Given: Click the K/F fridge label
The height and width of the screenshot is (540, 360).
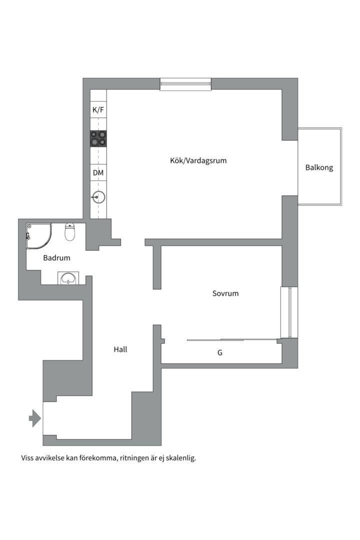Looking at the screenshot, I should [98, 109].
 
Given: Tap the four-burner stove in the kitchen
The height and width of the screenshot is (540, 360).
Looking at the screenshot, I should [98, 138].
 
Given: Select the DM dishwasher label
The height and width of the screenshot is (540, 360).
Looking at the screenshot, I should [98, 173].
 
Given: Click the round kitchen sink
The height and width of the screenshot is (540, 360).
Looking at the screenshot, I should [98, 197].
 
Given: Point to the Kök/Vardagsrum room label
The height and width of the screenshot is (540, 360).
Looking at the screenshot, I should [198, 160].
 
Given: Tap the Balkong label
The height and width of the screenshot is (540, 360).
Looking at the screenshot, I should [319, 167].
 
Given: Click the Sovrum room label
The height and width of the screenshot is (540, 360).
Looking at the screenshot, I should [225, 293].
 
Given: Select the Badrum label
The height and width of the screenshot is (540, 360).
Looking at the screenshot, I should [56, 258].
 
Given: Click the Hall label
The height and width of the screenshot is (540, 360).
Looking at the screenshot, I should [120, 349].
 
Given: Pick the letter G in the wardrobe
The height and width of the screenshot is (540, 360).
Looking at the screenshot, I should [220, 352].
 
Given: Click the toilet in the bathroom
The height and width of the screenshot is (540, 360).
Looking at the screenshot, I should [70, 232].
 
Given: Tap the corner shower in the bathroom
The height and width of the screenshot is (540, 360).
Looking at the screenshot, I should [38, 235].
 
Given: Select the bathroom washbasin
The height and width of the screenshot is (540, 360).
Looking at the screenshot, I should [68, 278].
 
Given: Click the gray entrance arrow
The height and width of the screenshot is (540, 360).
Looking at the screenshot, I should [34, 418].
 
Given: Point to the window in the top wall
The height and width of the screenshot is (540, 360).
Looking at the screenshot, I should [185, 84].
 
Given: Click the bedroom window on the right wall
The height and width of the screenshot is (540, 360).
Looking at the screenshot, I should [289, 312].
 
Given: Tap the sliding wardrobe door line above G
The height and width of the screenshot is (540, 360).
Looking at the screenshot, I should [230, 340].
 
